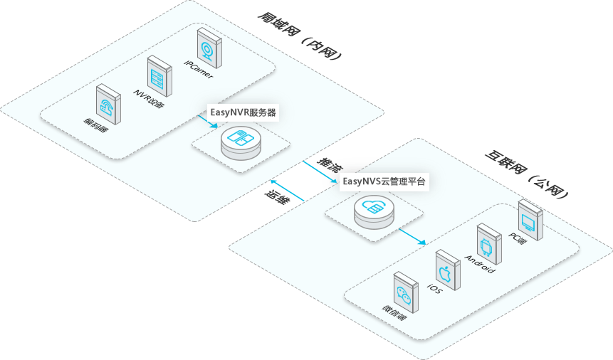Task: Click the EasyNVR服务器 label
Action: coord(243,112)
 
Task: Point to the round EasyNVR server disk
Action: coord(240,142)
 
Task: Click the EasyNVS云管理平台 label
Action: coord(384,182)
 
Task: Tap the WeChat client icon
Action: coord(403,297)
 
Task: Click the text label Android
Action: coord(479,268)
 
